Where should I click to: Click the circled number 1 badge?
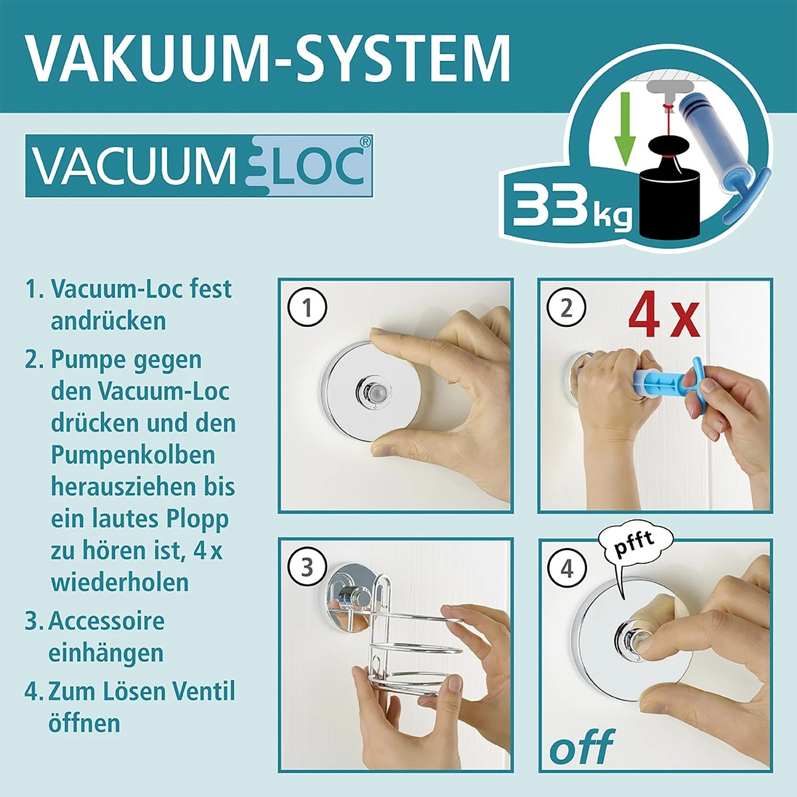(x=307, y=308)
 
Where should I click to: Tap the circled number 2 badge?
(x=566, y=308)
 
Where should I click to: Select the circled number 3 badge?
(x=307, y=567)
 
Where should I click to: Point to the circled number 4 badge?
(x=567, y=568)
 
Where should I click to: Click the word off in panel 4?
(x=582, y=747)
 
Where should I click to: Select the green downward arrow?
(x=625, y=128)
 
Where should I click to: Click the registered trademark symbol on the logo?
(x=365, y=142)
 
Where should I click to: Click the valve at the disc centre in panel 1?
(x=371, y=392)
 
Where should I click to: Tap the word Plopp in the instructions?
(x=197, y=519)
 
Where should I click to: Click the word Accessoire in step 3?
(x=106, y=621)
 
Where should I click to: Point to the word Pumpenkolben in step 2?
(x=133, y=455)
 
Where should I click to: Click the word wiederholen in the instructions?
(x=120, y=582)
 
